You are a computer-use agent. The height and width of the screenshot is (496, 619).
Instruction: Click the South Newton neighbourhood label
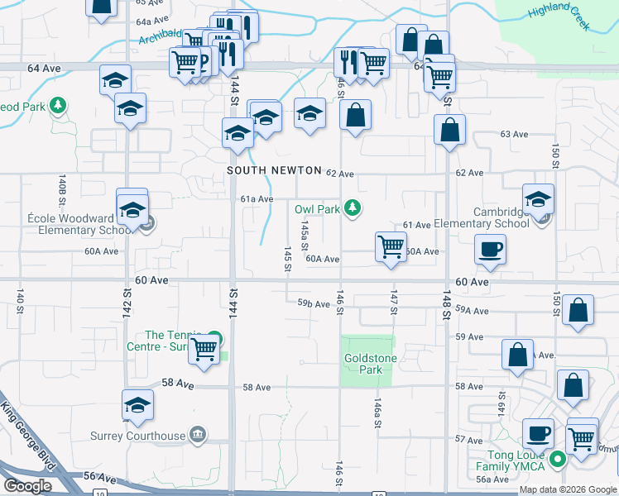[274, 170]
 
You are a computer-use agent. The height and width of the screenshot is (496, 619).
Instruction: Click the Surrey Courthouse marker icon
[197, 434]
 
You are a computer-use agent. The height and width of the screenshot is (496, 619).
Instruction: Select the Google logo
[27, 486]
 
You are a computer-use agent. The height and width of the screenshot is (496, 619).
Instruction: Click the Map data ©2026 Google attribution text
[567, 489]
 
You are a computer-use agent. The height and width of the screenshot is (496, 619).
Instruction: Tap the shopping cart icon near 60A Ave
[390, 246]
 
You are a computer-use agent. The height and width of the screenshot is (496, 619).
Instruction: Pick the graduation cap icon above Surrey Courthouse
[138, 404]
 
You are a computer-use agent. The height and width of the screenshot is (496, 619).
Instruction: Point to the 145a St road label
[305, 235]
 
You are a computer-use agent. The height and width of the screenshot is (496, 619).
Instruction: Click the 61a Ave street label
[257, 198]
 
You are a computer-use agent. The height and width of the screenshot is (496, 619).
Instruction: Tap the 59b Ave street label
[314, 304]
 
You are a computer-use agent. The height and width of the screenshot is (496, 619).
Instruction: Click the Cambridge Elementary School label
[490, 217]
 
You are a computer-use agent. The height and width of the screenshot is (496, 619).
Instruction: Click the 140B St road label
[63, 191]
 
